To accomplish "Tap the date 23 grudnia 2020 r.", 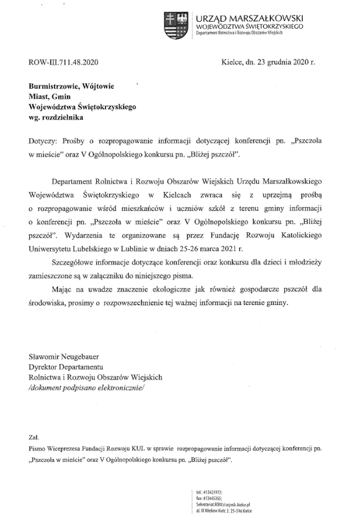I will (281, 62).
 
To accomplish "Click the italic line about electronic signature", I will (87, 387).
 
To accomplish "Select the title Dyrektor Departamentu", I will (66, 366).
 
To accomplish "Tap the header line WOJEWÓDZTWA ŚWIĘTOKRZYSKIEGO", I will (249, 26).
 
